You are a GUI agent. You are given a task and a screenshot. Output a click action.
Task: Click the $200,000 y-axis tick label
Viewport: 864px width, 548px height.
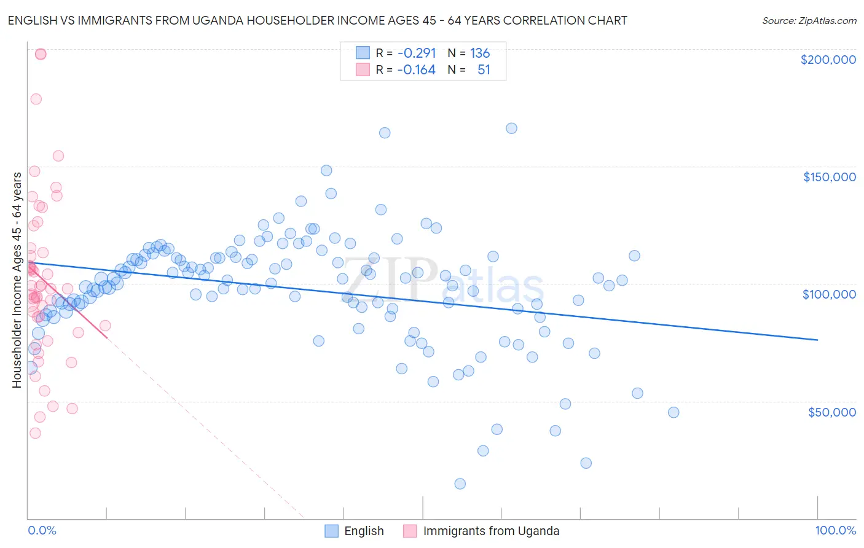[x=828, y=60]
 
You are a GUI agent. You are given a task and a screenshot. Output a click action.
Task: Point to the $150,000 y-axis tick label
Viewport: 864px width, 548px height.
[x=829, y=177]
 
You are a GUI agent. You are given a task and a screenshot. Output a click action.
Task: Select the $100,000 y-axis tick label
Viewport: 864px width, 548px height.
[x=829, y=294]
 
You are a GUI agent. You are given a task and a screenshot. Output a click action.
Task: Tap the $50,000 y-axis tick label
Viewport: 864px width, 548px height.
[x=831, y=412]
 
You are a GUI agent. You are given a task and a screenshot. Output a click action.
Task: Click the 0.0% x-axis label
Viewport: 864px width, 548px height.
[x=42, y=531]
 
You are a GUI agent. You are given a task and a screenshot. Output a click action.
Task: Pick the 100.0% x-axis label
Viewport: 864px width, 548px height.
[x=835, y=531]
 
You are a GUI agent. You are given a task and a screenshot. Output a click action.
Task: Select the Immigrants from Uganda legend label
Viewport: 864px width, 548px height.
[x=491, y=531]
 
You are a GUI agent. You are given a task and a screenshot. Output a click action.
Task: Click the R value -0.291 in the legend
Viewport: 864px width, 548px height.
[x=416, y=53]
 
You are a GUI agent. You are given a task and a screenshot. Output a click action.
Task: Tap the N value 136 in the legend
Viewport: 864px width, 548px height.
[x=480, y=53]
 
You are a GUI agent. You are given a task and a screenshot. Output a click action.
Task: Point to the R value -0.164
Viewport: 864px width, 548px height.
[x=416, y=69]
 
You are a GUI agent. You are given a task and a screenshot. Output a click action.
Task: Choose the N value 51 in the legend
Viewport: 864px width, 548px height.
[x=484, y=69]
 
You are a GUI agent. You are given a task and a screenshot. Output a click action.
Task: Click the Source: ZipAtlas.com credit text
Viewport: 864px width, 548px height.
[x=809, y=20]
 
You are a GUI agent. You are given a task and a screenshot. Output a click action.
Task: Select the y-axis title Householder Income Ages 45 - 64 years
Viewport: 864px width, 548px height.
[x=17, y=280]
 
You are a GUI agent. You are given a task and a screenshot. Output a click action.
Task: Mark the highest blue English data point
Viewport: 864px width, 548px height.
[x=511, y=128]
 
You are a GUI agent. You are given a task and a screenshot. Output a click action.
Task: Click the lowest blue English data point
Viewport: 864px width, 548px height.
[x=460, y=483]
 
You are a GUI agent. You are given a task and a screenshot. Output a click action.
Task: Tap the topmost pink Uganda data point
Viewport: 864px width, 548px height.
[x=41, y=54]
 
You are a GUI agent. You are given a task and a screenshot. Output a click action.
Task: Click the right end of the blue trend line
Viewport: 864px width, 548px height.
[x=817, y=340]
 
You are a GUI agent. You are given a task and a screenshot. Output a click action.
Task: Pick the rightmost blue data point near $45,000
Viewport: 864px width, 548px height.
[x=674, y=412]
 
